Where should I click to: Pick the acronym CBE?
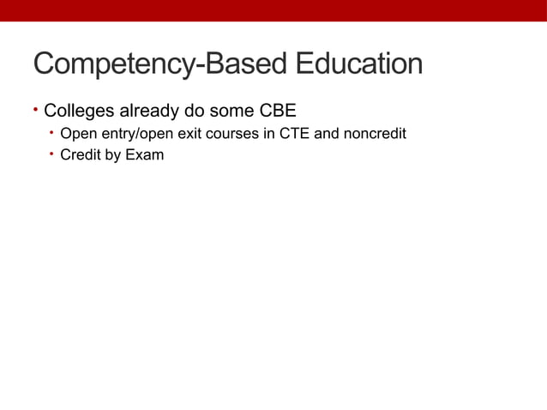pyautogui.click(x=278, y=111)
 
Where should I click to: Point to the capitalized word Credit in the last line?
pyautogui.click(x=80, y=156)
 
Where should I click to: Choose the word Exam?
pyautogui.click(x=145, y=156)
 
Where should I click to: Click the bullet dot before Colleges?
pyautogui.click(x=36, y=110)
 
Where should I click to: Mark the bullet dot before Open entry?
pyautogui.click(x=51, y=133)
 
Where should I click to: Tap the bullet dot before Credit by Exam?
pyautogui.click(x=51, y=155)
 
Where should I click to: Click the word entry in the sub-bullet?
pyautogui.click(x=110, y=135)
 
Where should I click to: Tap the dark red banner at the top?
pyautogui.click(x=273, y=10)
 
